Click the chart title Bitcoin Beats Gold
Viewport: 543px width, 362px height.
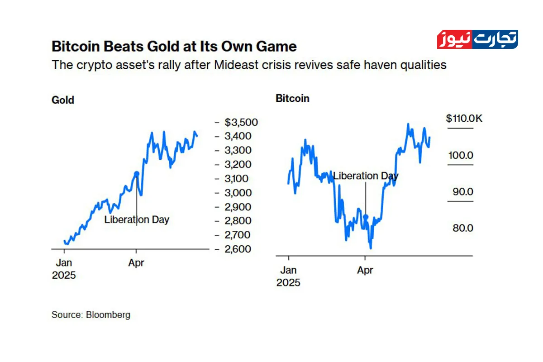point(174,47)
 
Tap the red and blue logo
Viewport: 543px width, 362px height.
point(477,39)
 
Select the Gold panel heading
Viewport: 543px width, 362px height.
point(63,100)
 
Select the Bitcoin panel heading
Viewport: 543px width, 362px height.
point(293,98)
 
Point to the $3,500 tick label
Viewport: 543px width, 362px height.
point(242,122)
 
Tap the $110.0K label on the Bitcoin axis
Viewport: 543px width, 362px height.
point(464,119)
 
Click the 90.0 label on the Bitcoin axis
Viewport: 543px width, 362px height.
point(463,192)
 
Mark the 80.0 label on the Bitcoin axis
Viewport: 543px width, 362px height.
point(463,228)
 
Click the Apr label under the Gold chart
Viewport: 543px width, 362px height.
point(136,263)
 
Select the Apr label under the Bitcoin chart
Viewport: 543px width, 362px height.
point(365,271)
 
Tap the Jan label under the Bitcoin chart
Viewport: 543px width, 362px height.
point(289,271)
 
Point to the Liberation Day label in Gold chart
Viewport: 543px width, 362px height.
point(137,220)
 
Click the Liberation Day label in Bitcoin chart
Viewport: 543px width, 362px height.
point(366,176)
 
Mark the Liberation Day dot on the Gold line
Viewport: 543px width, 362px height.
point(137,173)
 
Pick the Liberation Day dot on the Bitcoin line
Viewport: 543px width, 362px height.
point(366,217)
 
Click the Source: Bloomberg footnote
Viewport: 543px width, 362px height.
point(91,314)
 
